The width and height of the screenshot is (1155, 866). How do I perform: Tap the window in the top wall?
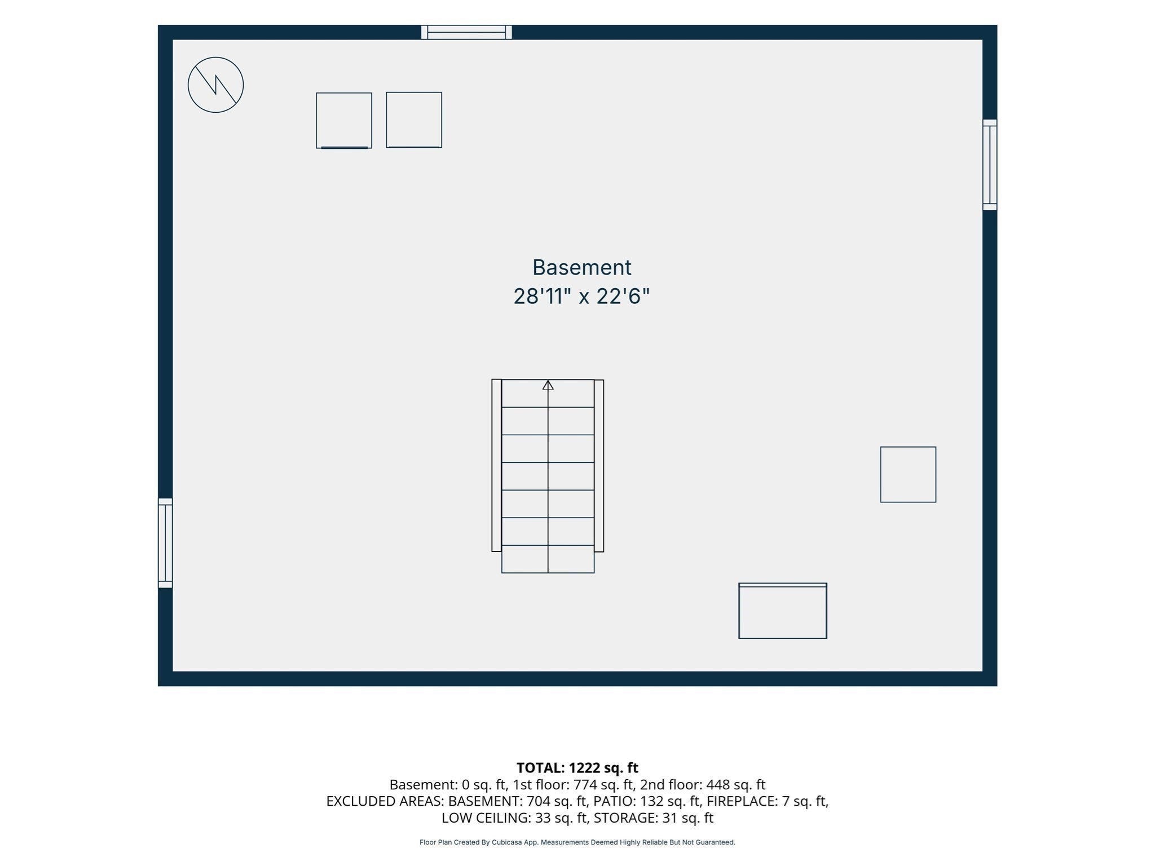(466, 32)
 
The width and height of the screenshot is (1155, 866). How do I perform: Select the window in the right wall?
(990, 165)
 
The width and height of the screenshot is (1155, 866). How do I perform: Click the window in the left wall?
(165, 543)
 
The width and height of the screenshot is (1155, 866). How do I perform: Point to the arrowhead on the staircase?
(548, 385)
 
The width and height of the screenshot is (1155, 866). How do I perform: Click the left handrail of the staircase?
(496, 465)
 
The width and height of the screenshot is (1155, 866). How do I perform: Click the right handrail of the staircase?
(599, 466)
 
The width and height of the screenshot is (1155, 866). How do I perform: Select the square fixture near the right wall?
(908, 475)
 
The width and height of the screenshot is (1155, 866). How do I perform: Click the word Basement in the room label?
(581, 267)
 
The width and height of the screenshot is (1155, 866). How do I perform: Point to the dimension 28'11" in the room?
(539, 297)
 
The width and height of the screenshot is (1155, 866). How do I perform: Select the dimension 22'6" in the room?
(623, 297)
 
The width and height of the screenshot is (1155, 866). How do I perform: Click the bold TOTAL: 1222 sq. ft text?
(577, 768)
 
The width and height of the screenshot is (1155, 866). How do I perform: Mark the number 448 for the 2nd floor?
(717, 785)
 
